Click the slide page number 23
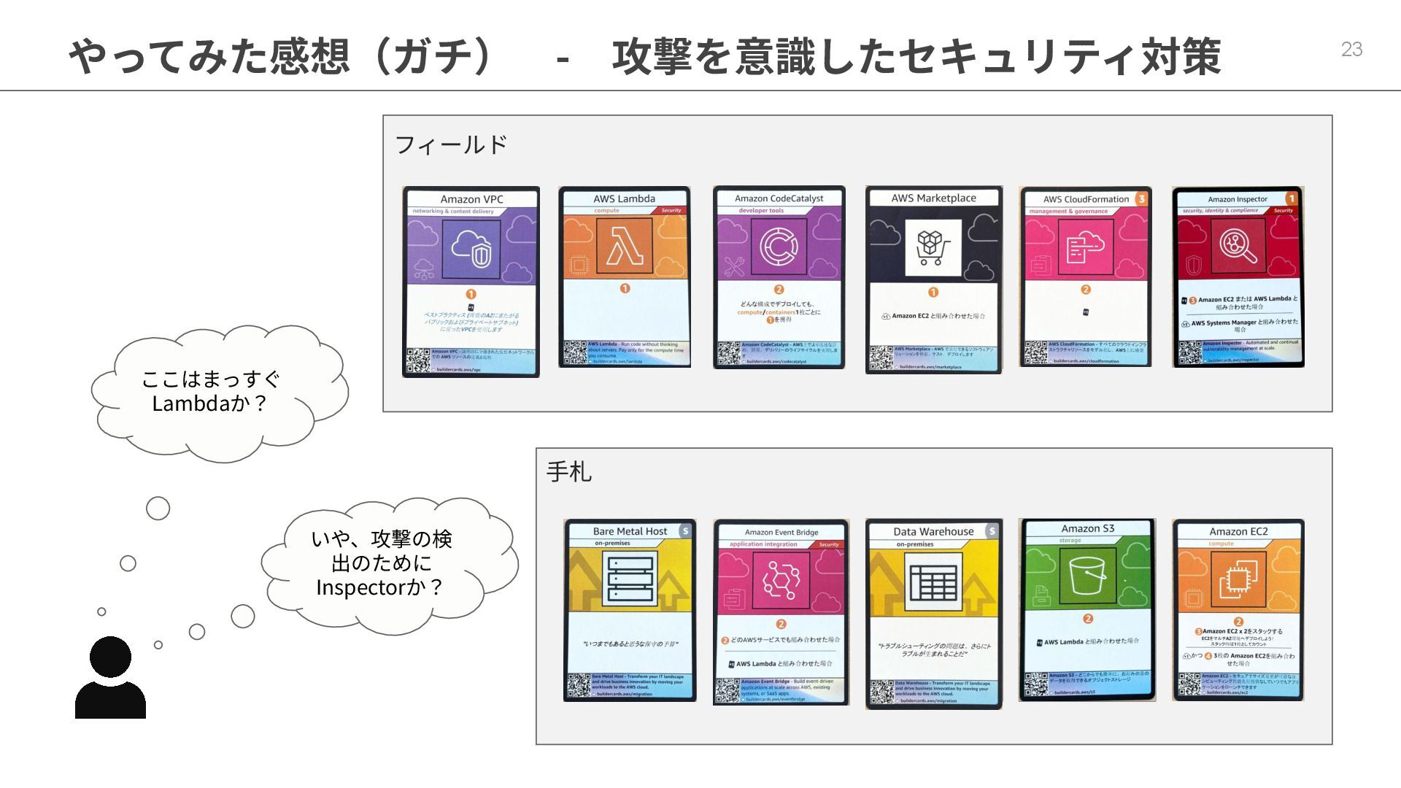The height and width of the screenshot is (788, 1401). pyautogui.click(x=1351, y=49)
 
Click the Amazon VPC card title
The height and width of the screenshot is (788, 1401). pyautogui.click(x=471, y=199)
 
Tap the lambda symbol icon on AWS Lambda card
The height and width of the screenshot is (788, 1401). pyautogui.click(x=625, y=246)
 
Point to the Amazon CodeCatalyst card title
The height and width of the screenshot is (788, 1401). pyautogui.click(x=779, y=198)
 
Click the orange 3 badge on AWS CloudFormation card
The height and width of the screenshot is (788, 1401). pyautogui.click(x=1141, y=198)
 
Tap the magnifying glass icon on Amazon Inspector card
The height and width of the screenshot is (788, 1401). pyautogui.click(x=1238, y=246)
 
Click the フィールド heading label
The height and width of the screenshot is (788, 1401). pyautogui.click(x=451, y=144)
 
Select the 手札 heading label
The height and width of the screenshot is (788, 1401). pyautogui.click(x=569, y=471)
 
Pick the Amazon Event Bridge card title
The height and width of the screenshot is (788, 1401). pyautogui.click(x=781, y=533)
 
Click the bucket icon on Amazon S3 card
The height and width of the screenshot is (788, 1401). pyautogui.click(x=1087, y=576)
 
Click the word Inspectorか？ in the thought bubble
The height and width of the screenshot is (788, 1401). pyautogui.click(x=379, y=587)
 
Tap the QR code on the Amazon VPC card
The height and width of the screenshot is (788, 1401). pyautogui.click(x=418, y=360)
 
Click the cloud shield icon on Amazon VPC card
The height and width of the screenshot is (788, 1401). pyautogui.click(x=471, y=248)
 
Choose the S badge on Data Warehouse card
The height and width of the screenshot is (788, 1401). pyautogui.click(x=991, y=532)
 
